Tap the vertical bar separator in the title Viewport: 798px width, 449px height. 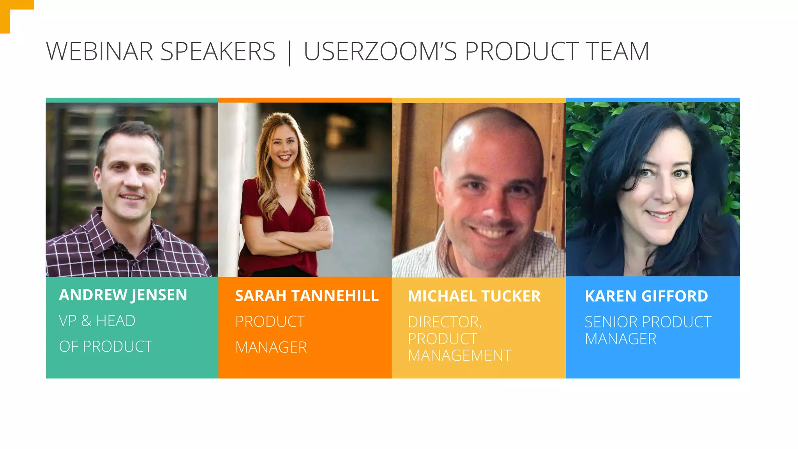coord(289,52)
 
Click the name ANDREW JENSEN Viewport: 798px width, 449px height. coord(123,295)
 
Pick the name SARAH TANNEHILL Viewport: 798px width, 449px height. coord(307,296)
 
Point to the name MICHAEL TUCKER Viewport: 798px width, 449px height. coord(474,296)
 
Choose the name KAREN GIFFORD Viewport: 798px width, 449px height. coord(646,296)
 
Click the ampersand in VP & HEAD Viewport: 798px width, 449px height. coord(87,321)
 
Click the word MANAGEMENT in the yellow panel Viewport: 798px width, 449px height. coord(459,355)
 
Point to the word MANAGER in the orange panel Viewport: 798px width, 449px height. coord(271,347)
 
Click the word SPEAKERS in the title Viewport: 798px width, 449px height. coord(218,51)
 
